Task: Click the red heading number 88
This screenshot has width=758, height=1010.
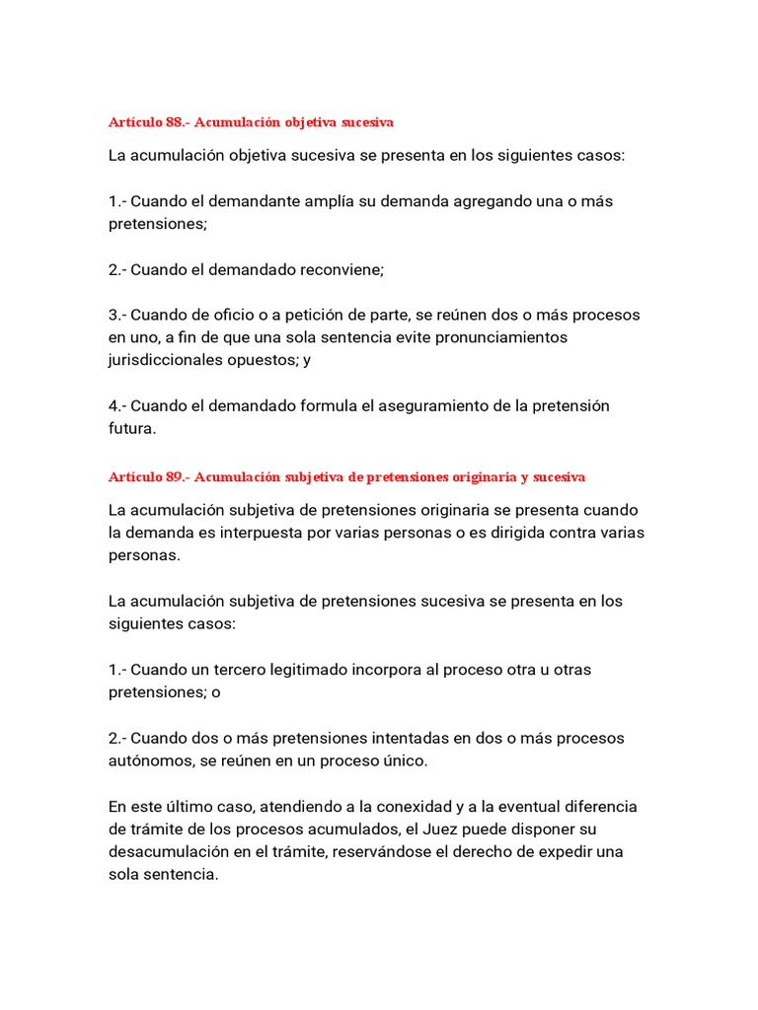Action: [x=175, y=122]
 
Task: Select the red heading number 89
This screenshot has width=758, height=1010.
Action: [x=176, y=476]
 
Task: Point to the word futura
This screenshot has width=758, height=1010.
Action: [x=132, y=429]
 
